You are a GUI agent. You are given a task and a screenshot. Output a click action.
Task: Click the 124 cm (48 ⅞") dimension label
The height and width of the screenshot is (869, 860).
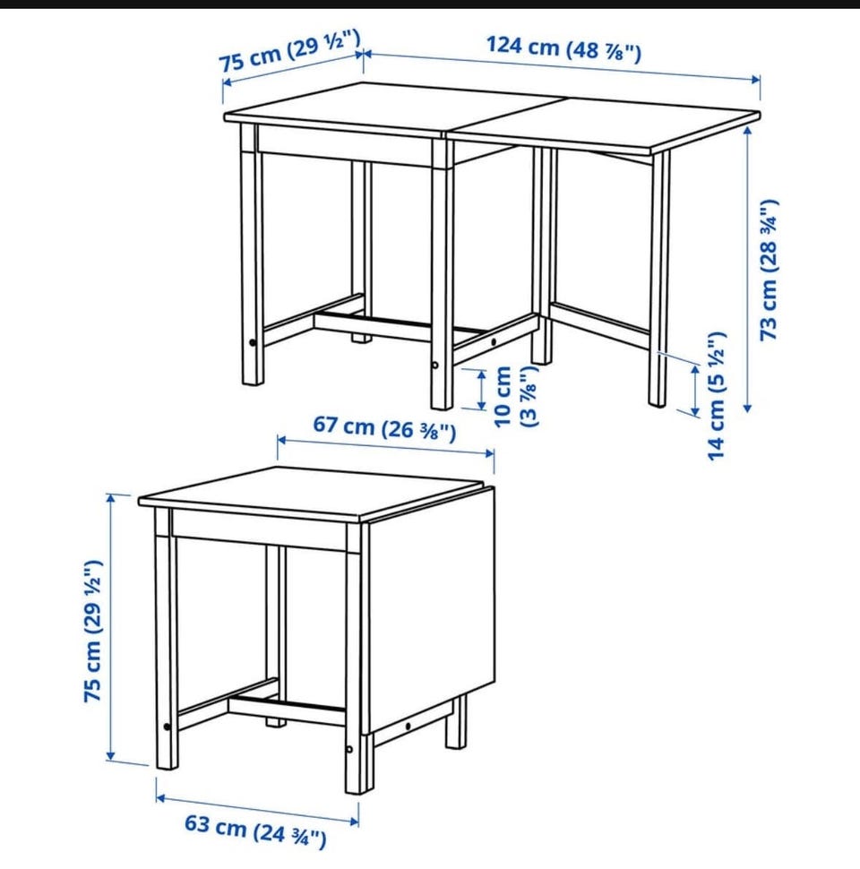coord(563,49)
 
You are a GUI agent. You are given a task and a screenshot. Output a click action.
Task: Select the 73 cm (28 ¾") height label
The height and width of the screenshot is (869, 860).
coord(770,270)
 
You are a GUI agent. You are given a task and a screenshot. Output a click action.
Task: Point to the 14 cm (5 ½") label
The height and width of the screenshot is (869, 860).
coord(717,396)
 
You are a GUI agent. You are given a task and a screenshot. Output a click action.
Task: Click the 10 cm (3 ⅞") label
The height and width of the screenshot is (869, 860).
coord(515,396)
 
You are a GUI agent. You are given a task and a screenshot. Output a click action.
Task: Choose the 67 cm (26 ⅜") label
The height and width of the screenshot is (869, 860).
coord(384,428)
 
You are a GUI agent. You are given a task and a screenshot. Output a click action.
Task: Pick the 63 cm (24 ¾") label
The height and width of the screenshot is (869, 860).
coord(255,830)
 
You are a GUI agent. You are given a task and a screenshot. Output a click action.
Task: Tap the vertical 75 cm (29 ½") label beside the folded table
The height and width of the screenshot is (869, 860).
coord(92,632)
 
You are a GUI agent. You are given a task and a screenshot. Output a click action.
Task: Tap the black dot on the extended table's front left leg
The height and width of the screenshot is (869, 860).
coord(254,343)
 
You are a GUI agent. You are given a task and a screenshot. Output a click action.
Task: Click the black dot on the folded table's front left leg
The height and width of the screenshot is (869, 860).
coord(167,727)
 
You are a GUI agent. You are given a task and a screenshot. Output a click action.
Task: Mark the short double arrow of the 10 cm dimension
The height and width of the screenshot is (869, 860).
coord(482,390)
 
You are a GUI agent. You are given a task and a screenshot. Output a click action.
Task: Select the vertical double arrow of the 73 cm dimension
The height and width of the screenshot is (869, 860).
coord(747,270)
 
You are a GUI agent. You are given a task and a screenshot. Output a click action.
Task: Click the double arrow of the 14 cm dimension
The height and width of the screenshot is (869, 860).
coord(695,391)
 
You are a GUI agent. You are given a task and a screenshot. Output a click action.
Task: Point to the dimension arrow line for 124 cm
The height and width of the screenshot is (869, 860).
coord(562,66)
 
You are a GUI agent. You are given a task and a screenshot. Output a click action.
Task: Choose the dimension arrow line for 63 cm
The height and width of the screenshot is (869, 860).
coord(258,810)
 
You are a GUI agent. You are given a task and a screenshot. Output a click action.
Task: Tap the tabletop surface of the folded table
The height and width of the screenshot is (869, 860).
coord(310,494)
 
